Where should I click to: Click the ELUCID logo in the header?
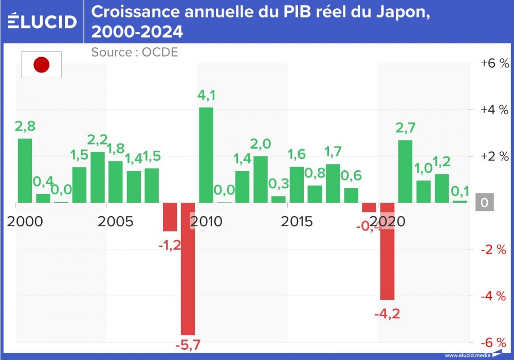[42, 21]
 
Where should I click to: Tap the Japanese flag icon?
[41, 65]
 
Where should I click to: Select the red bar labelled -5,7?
[188, 268]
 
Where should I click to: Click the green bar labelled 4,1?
[206, 155]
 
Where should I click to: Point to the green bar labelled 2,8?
[25, 170]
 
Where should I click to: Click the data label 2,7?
[405, 127]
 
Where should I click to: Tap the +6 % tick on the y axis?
[494, 63]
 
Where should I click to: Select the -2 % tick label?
[494, 249]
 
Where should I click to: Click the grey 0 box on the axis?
[484, 203]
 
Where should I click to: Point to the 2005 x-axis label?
[115, 222]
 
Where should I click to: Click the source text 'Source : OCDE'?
[134, 52]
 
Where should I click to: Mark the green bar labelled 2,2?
[98, 177]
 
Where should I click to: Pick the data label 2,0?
[260, 144]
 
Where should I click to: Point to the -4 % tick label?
[494, 296]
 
